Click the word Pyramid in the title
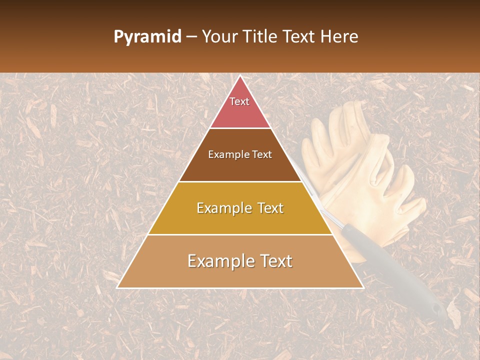(x=147, y=37)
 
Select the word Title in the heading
(x=259, y=37)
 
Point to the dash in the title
(x=191, y=37)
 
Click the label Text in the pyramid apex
(x=239, y=101)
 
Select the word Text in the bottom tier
(x=272, y=261)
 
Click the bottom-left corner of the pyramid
(x=117, y=288)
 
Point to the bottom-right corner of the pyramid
(x=363, y=288)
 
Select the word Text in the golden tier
(x=265, y=208)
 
